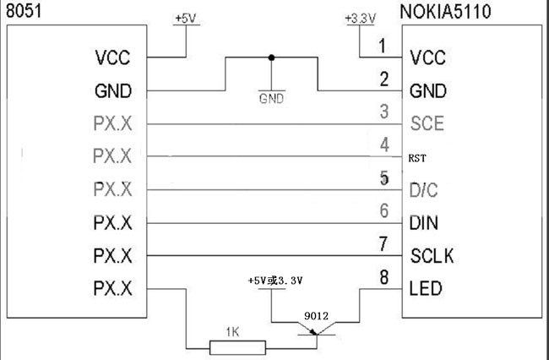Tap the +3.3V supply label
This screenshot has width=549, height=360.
click(x=360, y=17)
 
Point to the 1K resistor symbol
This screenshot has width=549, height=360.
click(x=237, y=345)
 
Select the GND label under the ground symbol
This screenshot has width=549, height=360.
click(x=271, y=97)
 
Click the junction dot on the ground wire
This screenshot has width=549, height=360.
click(x=271, y=58)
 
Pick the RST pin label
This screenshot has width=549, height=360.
click(x=417, y=158)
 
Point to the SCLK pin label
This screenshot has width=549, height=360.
click(x=431, y=255)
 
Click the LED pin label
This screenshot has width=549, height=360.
click(x=425, y=288)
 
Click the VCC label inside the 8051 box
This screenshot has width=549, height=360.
click(x=113, y=58)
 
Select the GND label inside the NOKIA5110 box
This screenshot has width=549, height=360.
click(x=427, y=90)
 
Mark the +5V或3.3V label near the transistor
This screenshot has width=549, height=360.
click(x=275, y=281)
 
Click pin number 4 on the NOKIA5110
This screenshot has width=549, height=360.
click(x=384, y=145)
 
